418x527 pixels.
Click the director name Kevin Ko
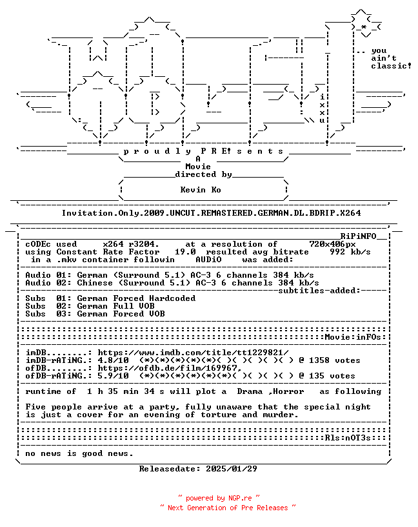click(x=201, y=190)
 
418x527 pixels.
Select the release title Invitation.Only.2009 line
click(x=212, y=213)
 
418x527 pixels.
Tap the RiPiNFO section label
click(x=358, y=236)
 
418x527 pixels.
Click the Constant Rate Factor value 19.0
click(x=185, y=252)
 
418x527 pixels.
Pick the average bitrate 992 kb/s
click(x=350, y=252)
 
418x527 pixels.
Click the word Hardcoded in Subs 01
click(x=172, y=298)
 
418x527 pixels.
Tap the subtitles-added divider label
click(x=319, y=291)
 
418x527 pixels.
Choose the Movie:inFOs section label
click(x=353, y=337)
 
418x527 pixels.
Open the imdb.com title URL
click(x=193, y=353)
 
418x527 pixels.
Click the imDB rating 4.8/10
click(x=113, y=360)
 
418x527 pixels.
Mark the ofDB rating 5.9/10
click(x=113, y=376)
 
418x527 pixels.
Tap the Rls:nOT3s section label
click(x=348, y=438)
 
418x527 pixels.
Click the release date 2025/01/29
click(x=232, y=469)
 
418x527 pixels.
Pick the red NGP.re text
click(x=240, y=498)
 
